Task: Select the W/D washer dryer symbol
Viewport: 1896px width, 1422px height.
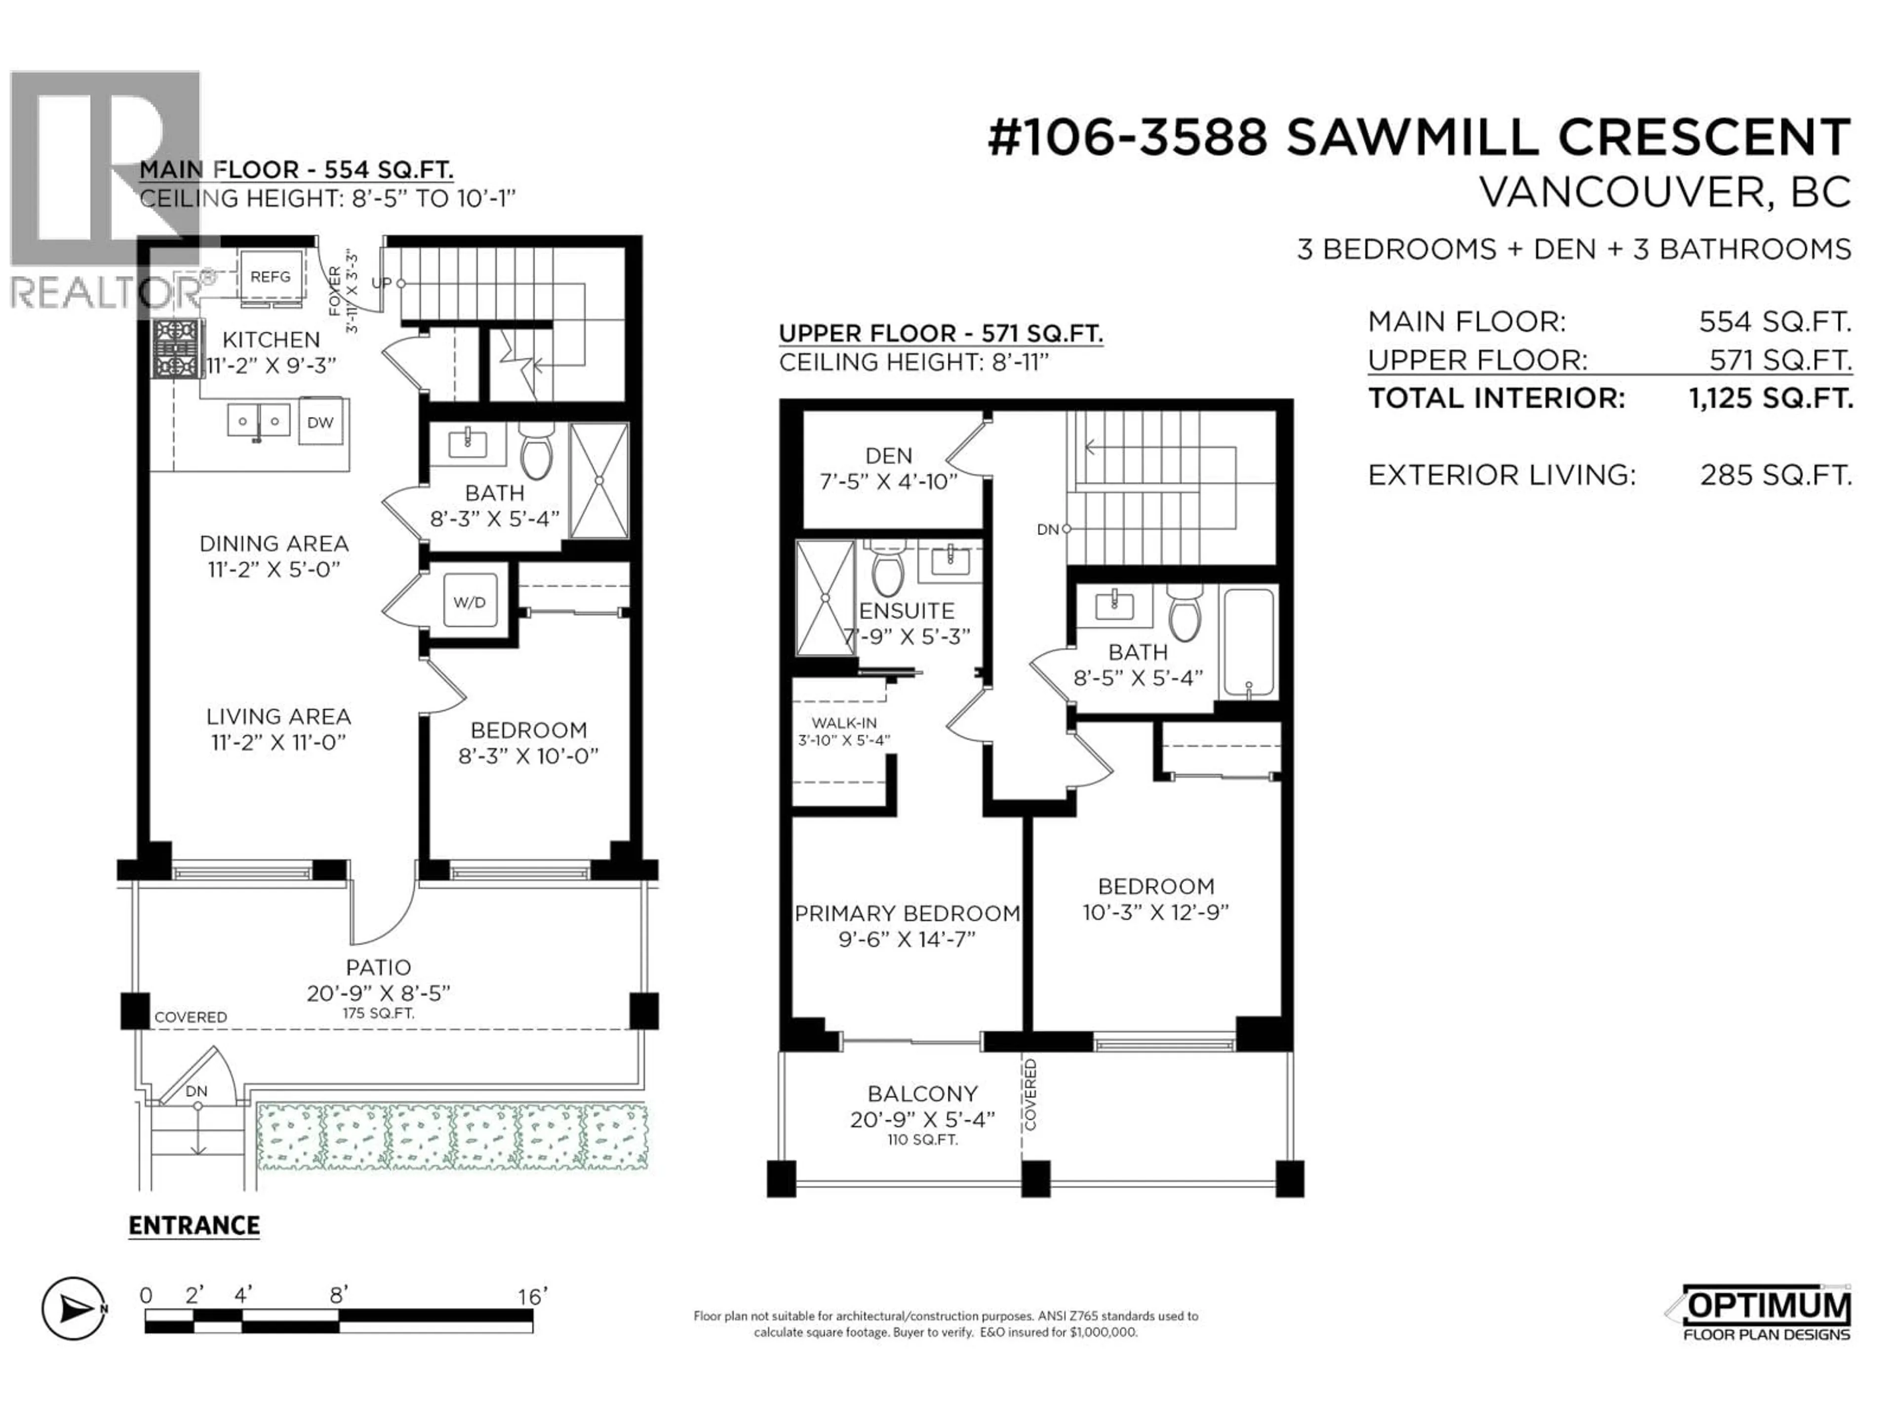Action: pos(470,602)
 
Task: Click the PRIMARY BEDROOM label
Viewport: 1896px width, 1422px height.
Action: pos(907,914)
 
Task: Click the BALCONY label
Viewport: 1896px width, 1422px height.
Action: pos(922,1094)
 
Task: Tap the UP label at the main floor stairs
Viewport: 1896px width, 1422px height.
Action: pos(382,283)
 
